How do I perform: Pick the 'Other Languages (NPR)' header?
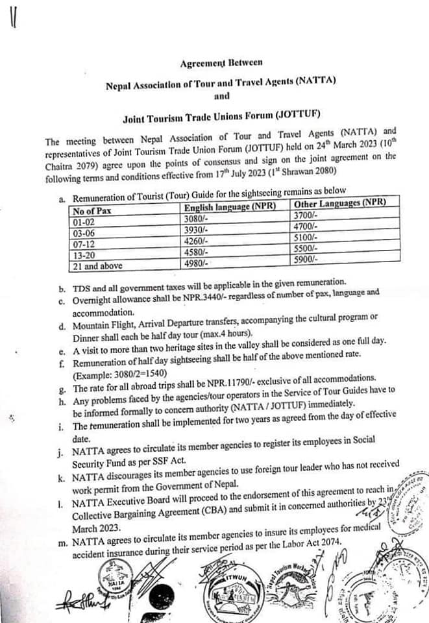coord(340,203)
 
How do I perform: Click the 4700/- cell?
coord(306,226)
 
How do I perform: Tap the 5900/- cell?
coord(306,259)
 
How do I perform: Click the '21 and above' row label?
coord(97,265)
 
